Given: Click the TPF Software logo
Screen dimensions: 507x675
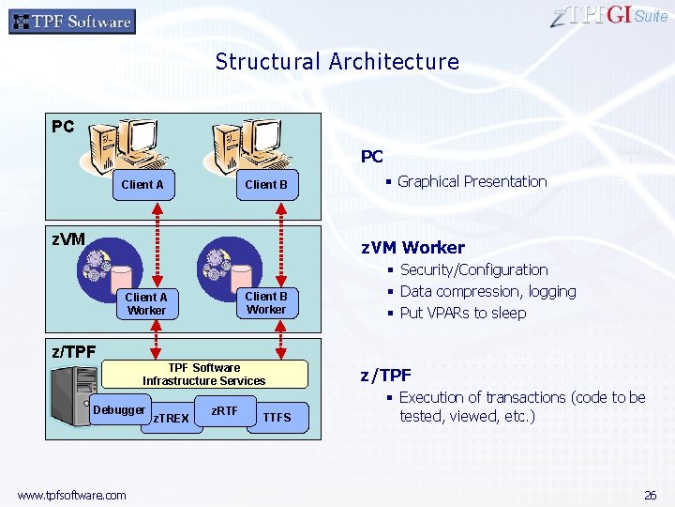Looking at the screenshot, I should [x=72, y=22].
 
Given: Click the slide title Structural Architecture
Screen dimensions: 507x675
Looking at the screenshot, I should [x=337, y=62].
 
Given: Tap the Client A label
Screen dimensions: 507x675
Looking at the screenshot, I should [x=142, y=185].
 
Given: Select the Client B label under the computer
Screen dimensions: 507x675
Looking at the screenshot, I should [x=266, y=185].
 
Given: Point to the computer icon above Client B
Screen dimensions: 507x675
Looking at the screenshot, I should [x=255, y=146].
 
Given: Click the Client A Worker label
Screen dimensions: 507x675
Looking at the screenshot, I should [x=146, y=304].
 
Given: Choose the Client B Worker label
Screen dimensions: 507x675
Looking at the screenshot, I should [x=266, y=303].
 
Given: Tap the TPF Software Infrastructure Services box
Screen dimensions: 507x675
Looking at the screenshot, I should [x=204, y=375].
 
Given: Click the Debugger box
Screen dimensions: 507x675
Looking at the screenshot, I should [x=120, y=410].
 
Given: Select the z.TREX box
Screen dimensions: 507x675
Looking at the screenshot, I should [x=171, y=418].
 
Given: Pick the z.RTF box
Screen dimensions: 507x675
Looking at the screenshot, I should [x=224, y=411].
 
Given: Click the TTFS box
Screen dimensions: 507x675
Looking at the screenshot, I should [x=277, y=417].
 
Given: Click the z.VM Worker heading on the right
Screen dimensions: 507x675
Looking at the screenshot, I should [x=413, y=248].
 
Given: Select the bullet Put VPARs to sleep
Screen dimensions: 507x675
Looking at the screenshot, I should [x=462, y=314].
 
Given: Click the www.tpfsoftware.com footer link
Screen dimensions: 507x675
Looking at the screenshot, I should [x=71, y=495].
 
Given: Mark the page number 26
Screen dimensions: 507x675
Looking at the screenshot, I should [x=650, y=495].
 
